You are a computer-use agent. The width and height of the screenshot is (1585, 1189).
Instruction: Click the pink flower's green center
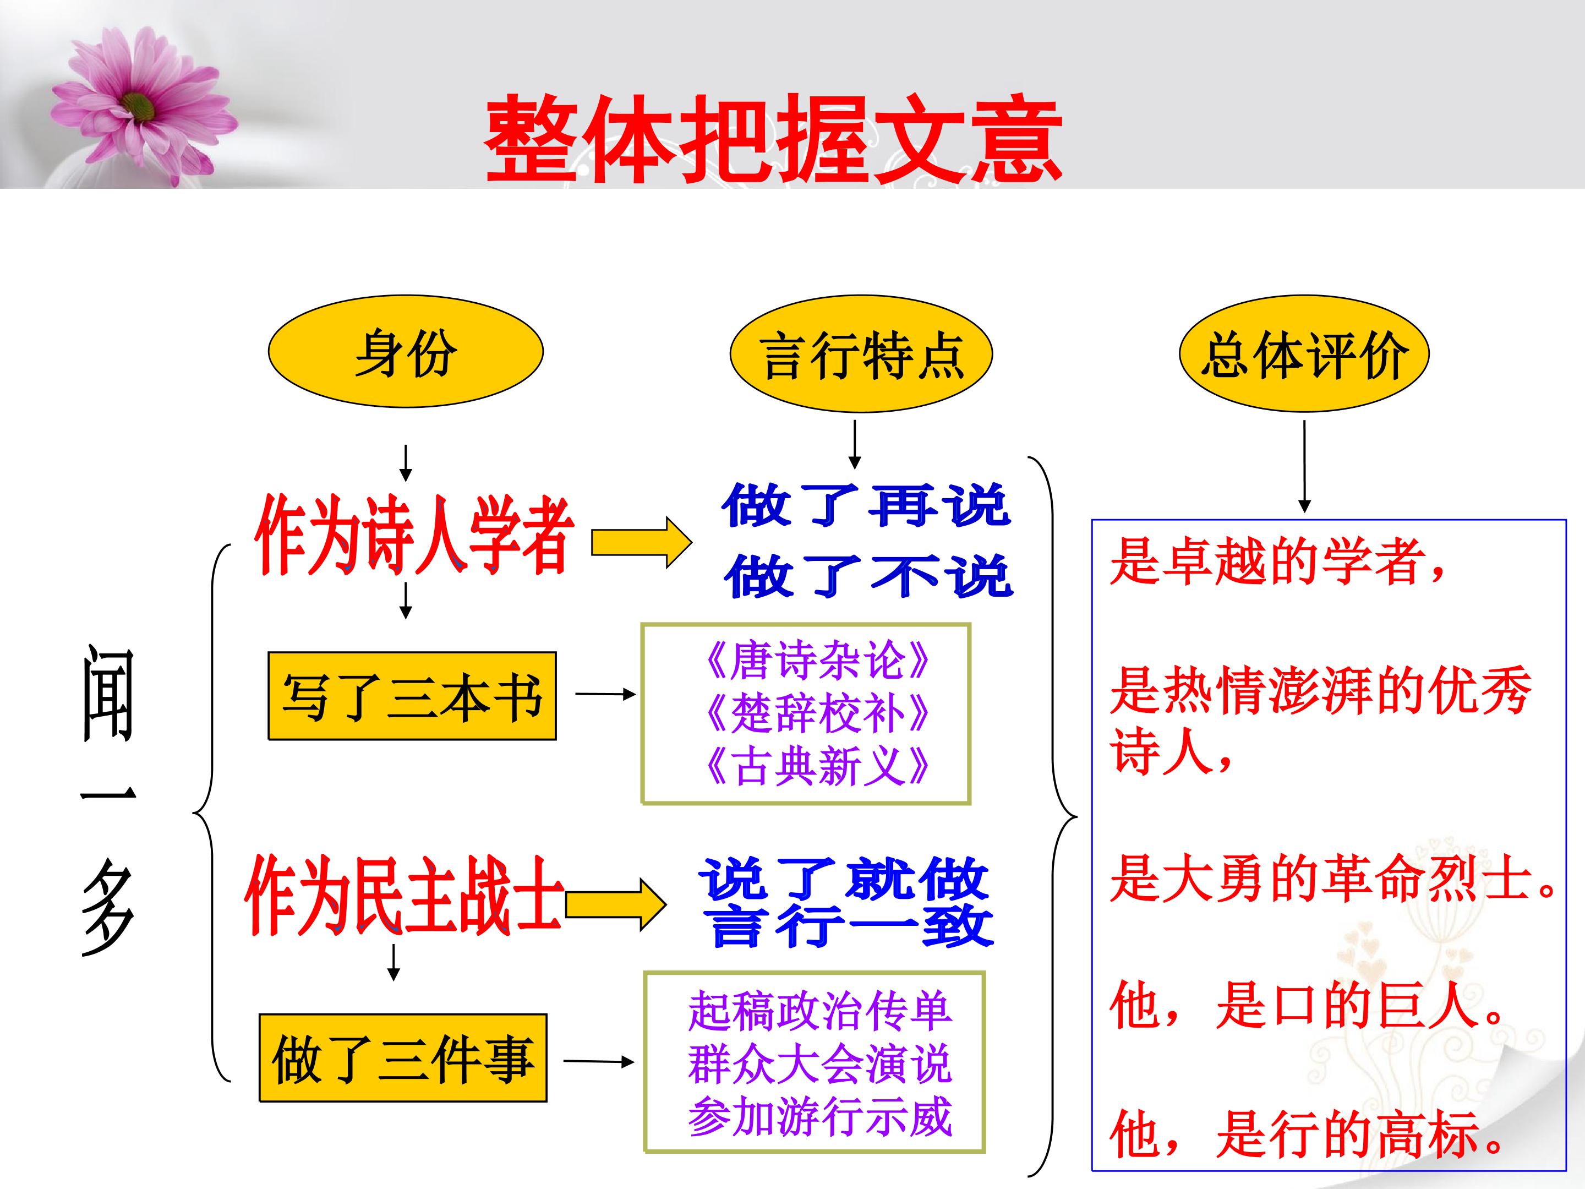[x=138, y=107]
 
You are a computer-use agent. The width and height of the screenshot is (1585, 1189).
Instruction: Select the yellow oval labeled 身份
[x=406, y=352]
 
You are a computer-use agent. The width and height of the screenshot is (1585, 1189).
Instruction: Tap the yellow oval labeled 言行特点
[x=861, y=354]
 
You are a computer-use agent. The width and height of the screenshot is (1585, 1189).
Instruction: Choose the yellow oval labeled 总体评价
[x=1304, y=354]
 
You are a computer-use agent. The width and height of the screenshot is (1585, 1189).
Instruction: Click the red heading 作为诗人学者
[x=414, y=534]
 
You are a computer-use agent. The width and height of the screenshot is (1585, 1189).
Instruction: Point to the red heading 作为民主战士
[x=406, y=895]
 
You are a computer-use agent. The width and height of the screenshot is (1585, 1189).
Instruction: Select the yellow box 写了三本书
[x=412, y=695]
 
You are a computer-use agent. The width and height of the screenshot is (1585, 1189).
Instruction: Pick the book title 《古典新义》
[x=817, y=766]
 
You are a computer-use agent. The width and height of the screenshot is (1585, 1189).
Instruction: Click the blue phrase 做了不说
[x=868, y=575]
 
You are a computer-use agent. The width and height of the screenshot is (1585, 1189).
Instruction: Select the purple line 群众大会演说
[x=819, y=1063]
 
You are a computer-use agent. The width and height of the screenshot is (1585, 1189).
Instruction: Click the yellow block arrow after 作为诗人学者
[x=641, y=543]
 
